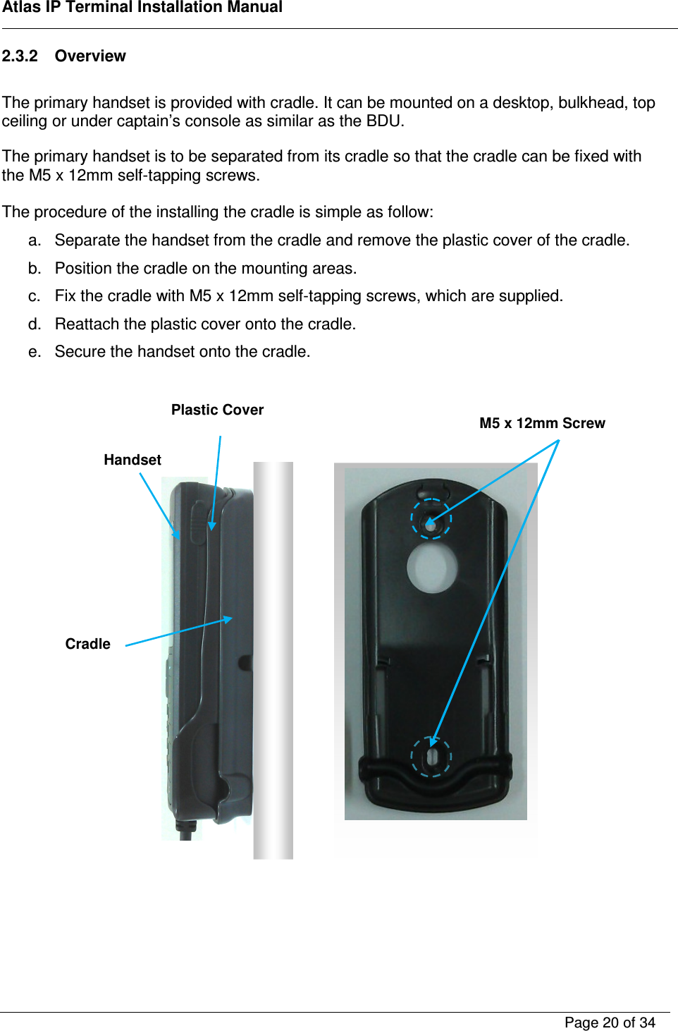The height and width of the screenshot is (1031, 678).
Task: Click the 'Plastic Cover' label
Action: (x=217, y=410)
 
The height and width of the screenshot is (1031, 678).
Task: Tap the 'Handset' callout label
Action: (x=132, y=460)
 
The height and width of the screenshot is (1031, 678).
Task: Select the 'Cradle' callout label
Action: (x=87, y=644)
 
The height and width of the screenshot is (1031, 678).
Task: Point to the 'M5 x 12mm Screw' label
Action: (x=542, y=423)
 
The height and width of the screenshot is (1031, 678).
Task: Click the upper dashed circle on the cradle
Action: (x=431, y=519)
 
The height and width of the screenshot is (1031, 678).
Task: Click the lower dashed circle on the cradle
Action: (x=431, y=757)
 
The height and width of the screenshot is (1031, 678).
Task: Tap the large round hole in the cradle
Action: (x=432, y=568)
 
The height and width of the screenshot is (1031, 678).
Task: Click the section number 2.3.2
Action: (x=20, y=56)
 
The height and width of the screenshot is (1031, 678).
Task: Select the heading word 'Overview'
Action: (x=90, y=56)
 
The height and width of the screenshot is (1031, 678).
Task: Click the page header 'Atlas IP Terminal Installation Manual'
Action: (x=142, y=8)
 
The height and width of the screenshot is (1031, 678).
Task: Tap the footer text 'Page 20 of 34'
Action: (x=610, y=1023)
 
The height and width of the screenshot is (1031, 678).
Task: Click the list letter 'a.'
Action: (x=35, y=240)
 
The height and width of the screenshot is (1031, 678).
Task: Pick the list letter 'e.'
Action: (x=35, y=352)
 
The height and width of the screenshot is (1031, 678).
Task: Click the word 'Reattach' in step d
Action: (x=87, y=324)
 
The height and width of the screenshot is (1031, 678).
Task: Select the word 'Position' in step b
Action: (x=83, y=269)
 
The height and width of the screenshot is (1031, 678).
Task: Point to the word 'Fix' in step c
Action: (x=65, y=296)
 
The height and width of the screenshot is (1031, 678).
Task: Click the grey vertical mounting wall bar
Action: (x=273, y=659)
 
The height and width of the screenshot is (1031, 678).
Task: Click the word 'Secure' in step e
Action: (x=80, y=352)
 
